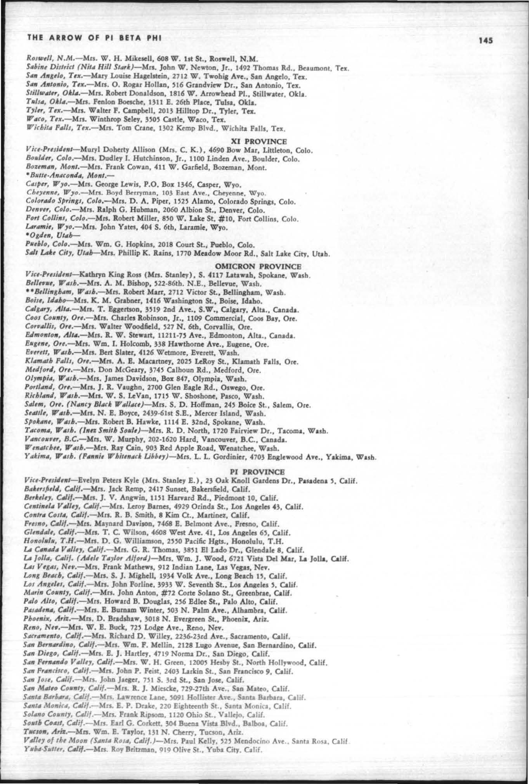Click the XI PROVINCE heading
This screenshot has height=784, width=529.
(259, 141)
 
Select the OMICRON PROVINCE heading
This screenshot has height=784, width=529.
(258, 266)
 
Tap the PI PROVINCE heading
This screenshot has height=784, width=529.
(258, 471)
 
